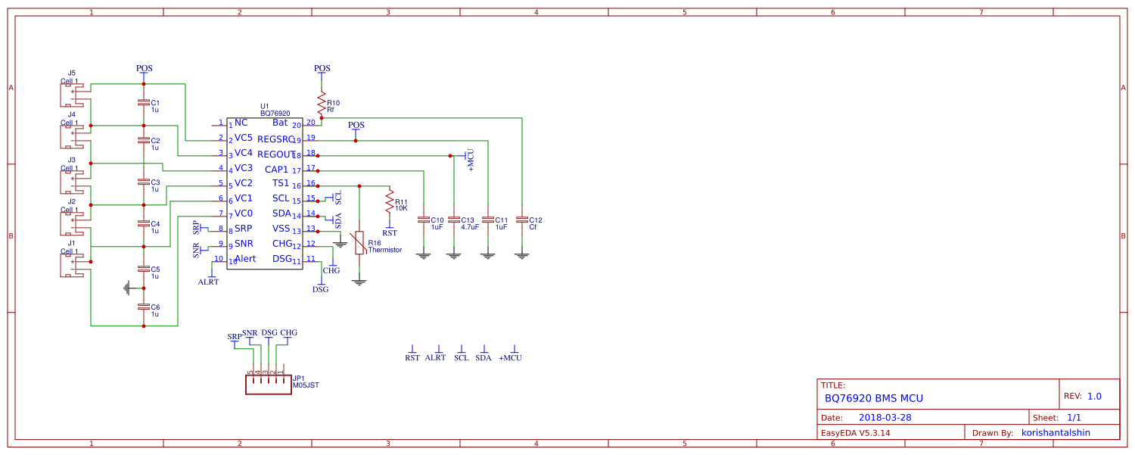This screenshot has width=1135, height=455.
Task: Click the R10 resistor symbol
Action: pos(322,101)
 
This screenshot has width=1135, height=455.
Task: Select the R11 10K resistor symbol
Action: pos(390,202)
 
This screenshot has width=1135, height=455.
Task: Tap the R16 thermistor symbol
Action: pos(359,242)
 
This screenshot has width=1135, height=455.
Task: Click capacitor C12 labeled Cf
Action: pos(521,220)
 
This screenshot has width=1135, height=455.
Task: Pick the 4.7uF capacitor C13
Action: pos(453,220)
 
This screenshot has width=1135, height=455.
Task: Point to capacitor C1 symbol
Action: pos(144,102)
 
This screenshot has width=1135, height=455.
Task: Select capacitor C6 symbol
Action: pos(144,307)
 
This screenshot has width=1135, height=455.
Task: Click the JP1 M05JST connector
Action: pos(268,384)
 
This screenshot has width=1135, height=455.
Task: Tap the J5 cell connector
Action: pos(73,95)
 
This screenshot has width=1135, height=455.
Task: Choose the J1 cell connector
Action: pos(73,266)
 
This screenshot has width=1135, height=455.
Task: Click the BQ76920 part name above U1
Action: pos(275,114)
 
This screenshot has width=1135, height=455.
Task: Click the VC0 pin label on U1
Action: pos(244,213)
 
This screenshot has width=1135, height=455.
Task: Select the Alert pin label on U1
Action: pos(245,259)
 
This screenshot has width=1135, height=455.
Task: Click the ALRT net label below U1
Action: pos(208,282)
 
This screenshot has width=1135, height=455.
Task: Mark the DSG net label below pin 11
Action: pos(321,289)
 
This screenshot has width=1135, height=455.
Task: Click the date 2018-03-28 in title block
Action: pos(885,417)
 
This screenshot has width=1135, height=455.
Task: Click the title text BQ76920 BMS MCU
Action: pos(873,398)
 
